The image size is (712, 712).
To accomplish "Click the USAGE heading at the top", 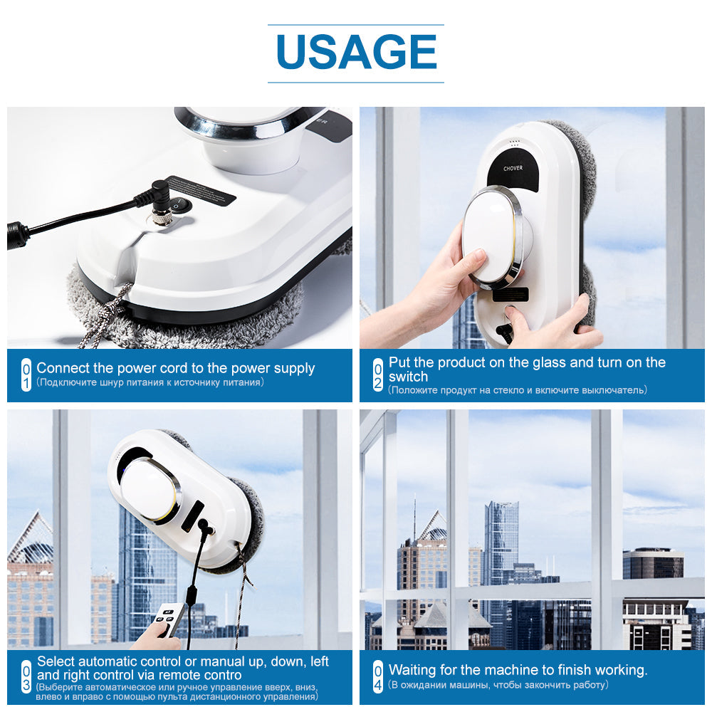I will (355, 52).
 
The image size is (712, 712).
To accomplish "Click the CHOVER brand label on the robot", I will (513, 169).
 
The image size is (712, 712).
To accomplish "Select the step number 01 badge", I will (26, 375).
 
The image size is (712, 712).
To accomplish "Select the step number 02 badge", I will (378, 375).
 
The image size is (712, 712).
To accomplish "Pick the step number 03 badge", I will (26, 676).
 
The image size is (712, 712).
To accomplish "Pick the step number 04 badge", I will (378, 676).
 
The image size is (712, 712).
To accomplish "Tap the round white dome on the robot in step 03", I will (145, 490).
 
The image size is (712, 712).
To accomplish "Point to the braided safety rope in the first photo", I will (103, 317).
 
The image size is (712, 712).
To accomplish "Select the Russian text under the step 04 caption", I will (498, 684).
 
